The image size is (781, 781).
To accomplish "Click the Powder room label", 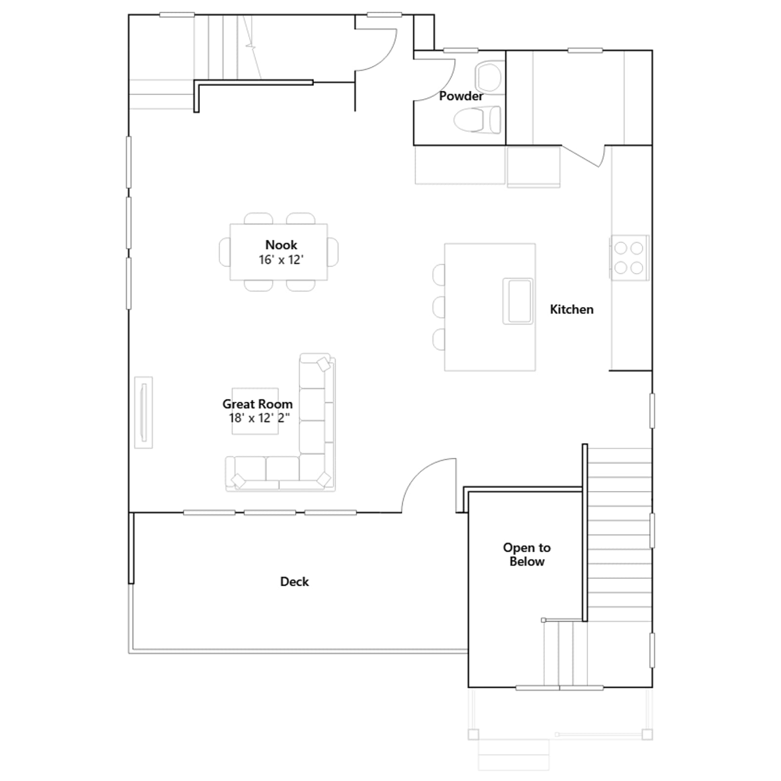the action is click(x=461, y=96).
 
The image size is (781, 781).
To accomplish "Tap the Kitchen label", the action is click(x=572, y=309).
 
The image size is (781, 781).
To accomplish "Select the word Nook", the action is click(x=281, y=245).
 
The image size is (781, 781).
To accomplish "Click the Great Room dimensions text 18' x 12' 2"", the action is click(x=259, y=418).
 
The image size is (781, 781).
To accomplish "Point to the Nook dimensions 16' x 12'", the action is click(x=281, y=260).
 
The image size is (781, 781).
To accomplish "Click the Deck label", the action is click(x=294, y=581).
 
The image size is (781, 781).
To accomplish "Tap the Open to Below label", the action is click(x=527, y=555).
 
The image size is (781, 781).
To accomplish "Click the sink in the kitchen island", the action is click(x=518, y=301).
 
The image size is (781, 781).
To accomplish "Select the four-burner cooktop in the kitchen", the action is click(x=629, y=258).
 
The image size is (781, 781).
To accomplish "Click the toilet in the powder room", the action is click(x=477, y=120).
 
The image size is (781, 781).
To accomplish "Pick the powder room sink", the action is click(x=489, y=77).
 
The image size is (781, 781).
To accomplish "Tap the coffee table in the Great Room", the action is click(x=255, y=411).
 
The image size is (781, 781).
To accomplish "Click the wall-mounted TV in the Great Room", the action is click(x=144, y=412).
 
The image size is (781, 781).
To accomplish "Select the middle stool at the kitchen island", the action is click(x=439, y=307).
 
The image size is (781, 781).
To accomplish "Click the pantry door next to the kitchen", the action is click(x=582, y=156).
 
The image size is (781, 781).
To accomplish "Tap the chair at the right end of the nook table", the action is click(x=333, y=252).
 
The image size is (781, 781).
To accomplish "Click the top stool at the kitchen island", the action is click(x=439, y=274).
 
